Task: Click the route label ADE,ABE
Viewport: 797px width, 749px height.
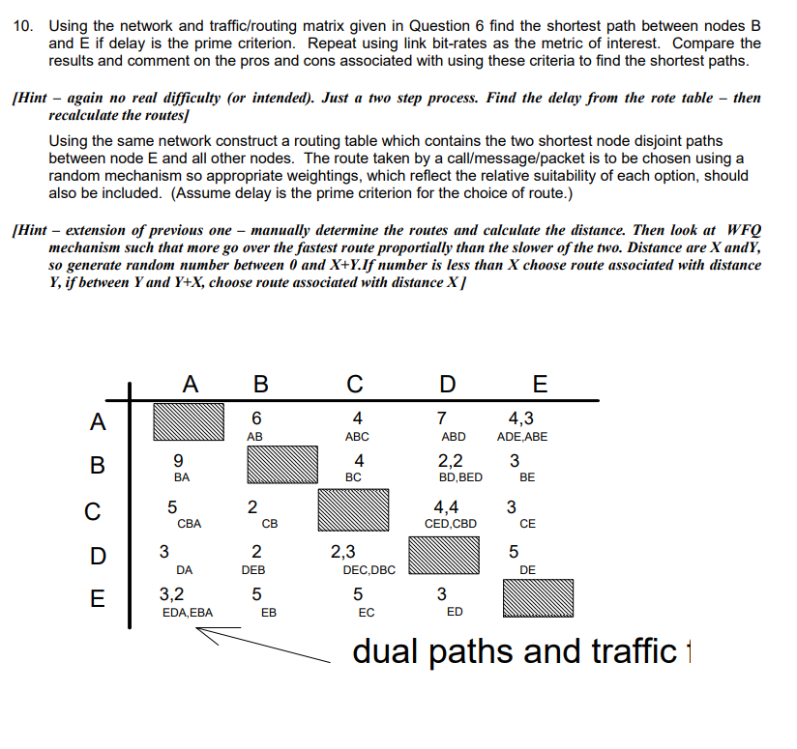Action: [x=522, y=437]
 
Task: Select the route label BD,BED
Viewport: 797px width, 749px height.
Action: [x=460, y=477]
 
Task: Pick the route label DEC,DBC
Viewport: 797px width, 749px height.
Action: [x=369, y=570]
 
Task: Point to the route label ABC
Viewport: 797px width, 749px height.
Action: [x=358, y=437]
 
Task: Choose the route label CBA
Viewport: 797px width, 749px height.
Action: [x=190, y=524]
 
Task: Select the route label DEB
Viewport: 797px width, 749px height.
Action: [x=254, y=570]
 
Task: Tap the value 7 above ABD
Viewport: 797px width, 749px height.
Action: [x=442, y=418]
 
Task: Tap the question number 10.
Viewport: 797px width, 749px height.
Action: [x=26, y=25]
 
